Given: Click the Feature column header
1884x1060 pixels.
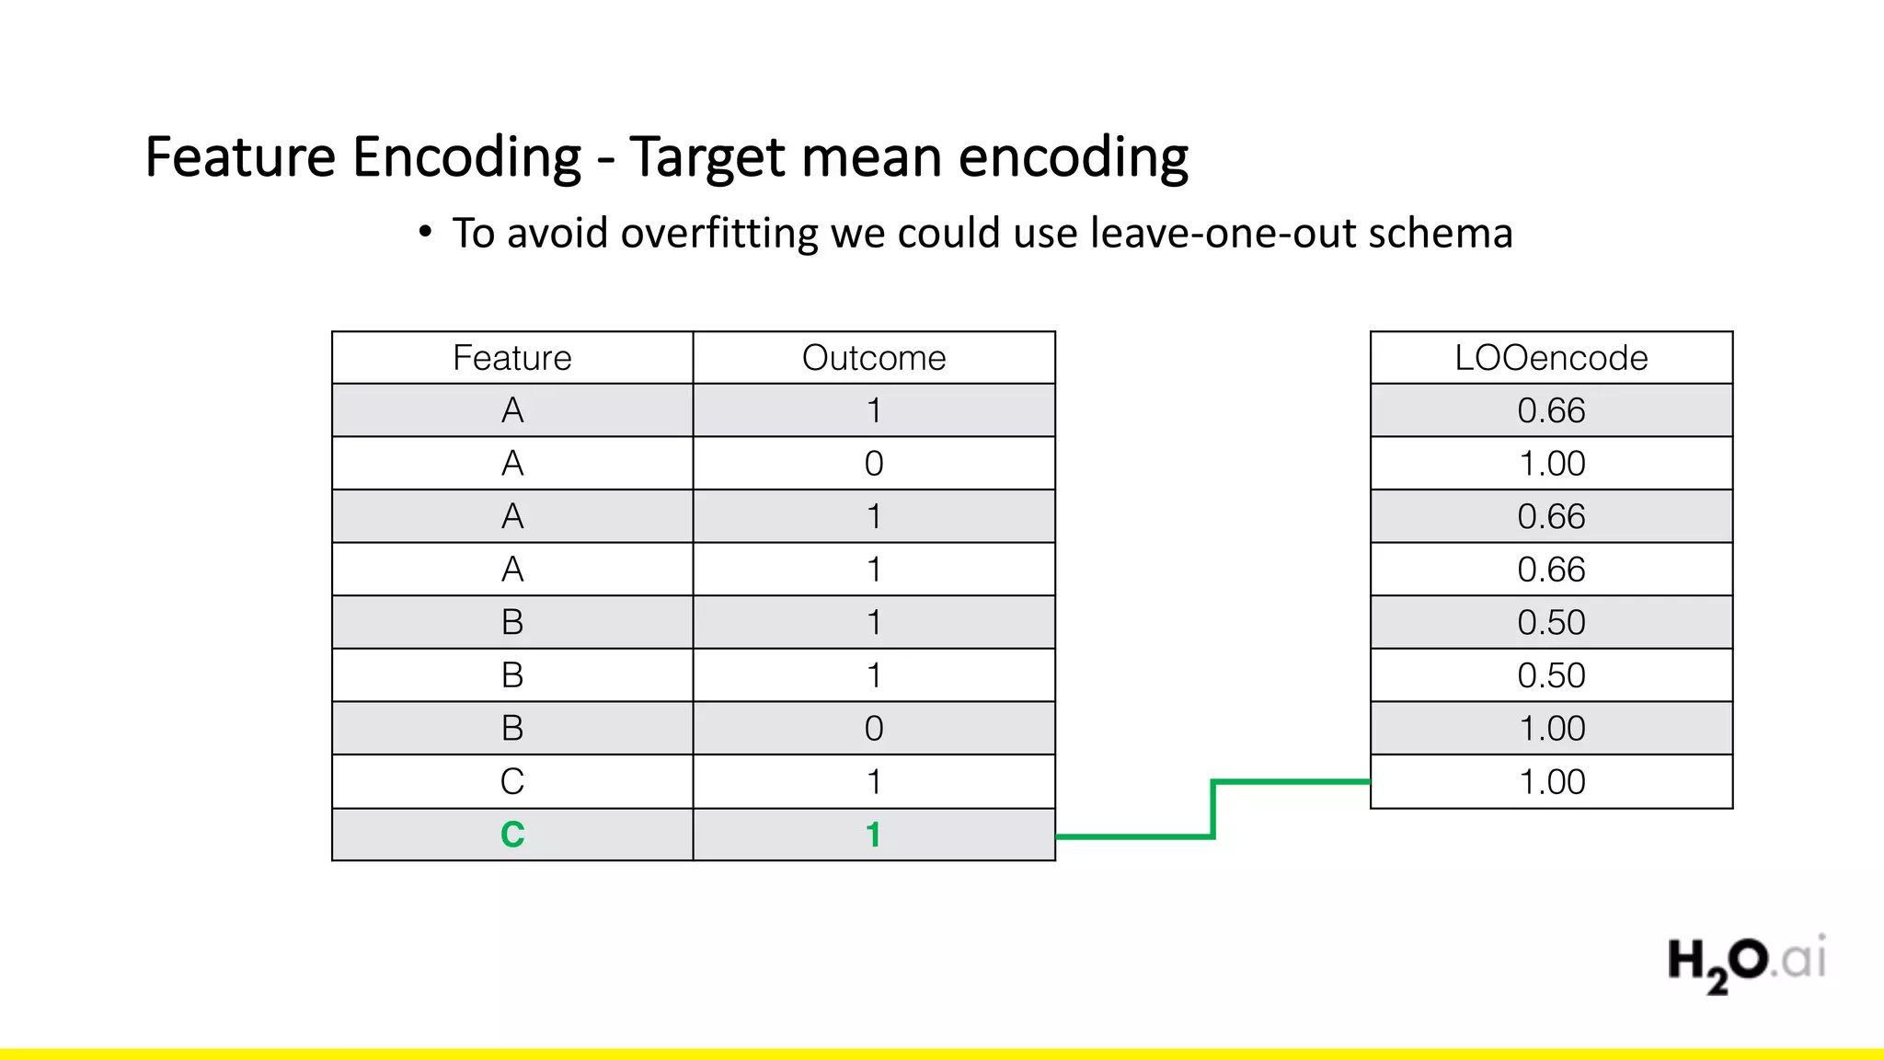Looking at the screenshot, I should click(x=511, y=358).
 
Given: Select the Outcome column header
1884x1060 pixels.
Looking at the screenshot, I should click(x=873, y=358).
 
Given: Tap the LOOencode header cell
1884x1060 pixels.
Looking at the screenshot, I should click(x=1551, y=358).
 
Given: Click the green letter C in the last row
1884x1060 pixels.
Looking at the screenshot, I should click(x=512, y=835).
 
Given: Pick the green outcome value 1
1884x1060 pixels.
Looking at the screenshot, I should click(x=873, y=835).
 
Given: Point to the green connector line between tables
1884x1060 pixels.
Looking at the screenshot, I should click(x=1213, y=810).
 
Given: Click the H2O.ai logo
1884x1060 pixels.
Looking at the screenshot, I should click(x=1746, y=962).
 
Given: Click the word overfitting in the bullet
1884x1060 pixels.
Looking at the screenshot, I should click(x=719, y=233).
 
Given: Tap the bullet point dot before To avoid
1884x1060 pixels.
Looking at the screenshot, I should click(x=424, y=232).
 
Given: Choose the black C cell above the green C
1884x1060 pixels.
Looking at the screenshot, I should click(x=512, y=782).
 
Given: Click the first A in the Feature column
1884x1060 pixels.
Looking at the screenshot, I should click(x=512, y=410).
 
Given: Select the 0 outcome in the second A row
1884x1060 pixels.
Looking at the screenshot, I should click(x=873, y=464).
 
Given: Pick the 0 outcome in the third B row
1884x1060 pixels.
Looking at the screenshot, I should click(x=873, y=729).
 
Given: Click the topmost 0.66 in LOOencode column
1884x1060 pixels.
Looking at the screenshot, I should click(x=1551, y=410).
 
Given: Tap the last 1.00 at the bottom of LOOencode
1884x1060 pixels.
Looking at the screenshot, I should click(x=1551, y=782).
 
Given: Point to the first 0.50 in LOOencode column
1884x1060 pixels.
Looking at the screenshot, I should click(x=1551, y=623).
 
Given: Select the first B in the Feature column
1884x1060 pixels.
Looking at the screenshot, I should click(x=512, y=623).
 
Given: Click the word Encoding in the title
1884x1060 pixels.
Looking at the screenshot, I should click(x=466, y=156).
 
